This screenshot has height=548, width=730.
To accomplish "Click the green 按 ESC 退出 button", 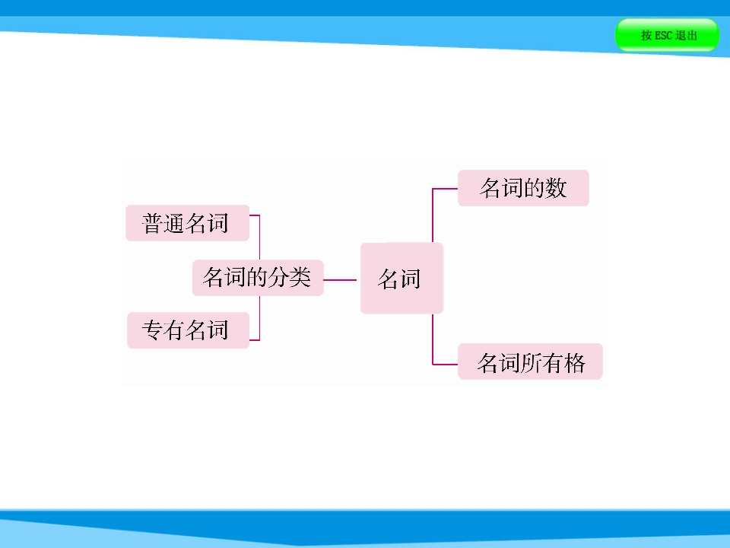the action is (667, 35).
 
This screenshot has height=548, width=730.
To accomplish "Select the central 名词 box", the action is (401, 279).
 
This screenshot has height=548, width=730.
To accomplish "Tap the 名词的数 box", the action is (523, 188).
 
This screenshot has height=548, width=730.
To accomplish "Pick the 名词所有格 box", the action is (530, 362).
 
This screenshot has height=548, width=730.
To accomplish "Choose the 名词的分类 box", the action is (258, 278).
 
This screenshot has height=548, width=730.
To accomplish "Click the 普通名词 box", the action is (188, 223).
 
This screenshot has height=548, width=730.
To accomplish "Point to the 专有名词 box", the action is (188, 330).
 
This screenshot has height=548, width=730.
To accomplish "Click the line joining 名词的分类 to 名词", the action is (340, 280).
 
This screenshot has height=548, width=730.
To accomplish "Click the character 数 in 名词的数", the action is (556, 188).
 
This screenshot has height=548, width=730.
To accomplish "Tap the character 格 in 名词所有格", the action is (574, 362).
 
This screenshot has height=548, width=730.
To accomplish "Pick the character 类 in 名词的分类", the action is (300, 277).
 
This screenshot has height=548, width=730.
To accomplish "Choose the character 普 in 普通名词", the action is (153, 223).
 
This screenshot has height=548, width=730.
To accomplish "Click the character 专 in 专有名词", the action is (153, 330).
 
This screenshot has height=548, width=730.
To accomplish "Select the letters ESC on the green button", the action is (663, 36).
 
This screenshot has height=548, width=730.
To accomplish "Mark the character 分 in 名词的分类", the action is (278, 277).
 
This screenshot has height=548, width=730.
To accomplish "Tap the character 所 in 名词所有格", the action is (531, 362).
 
